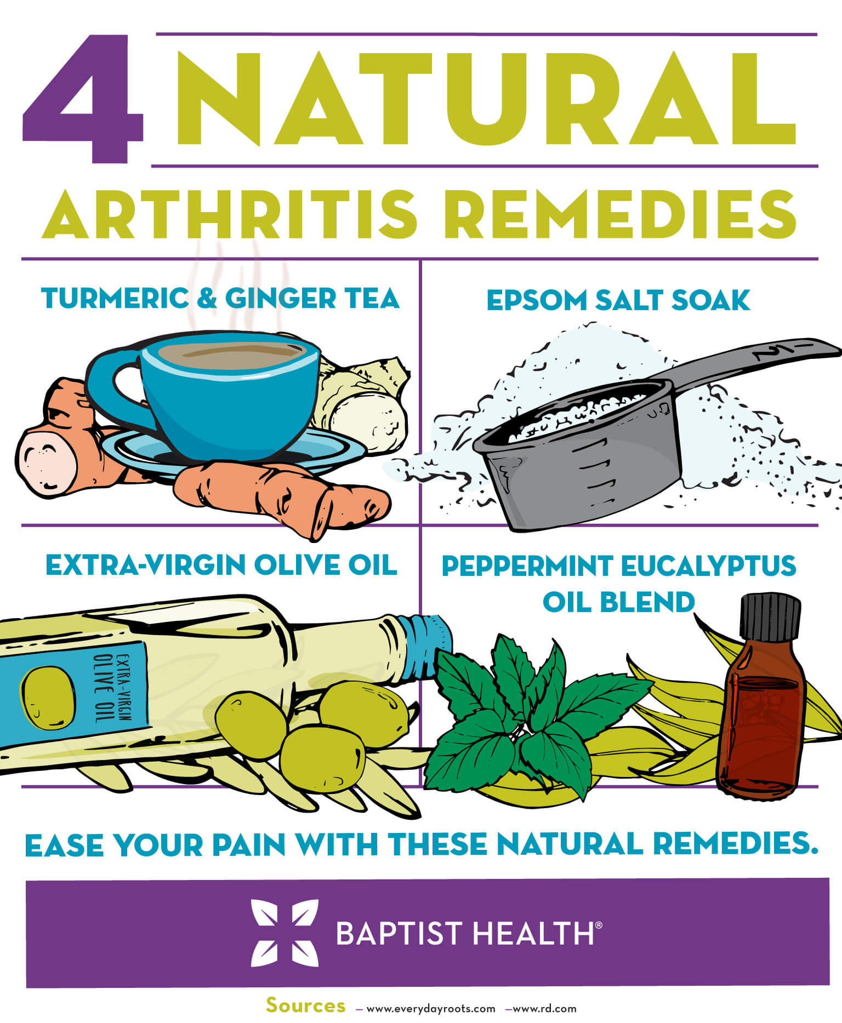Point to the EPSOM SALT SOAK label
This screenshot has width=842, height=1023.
point(618,300)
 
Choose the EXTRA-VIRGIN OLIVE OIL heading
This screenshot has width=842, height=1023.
point(221,565)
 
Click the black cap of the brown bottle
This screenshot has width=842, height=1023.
point(770,616)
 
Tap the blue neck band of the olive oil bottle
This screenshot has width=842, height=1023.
point(433,636)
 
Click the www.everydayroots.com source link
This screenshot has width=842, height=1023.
point(430,1009)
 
